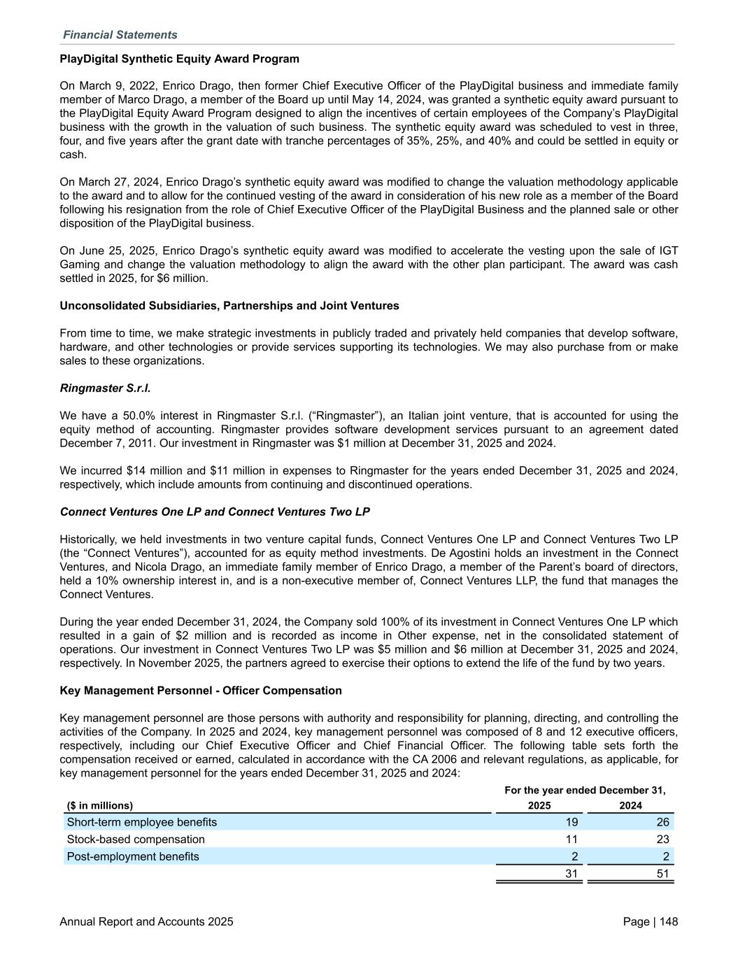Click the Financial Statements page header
(x=120, y=35)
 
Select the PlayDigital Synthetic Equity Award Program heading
(x=179, y=59)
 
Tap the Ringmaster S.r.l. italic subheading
(x=105, y=388)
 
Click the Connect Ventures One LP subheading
(x=215, y=511)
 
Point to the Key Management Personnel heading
(x=201, y=691)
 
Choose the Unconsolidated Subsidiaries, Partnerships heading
(x=229, y=306)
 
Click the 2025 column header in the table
(x=539, y=805)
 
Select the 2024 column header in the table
(x=630, y=805)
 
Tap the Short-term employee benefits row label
(x=141, y=822)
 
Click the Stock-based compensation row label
(x=136, y=839)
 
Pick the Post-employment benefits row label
(x=133, y=856)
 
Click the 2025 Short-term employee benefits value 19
(x=572, y=822)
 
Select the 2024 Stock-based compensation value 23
(x=662, y=839)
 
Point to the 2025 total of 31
(x=572, y=874)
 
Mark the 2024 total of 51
(x=662, y=874)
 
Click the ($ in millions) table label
(x=99, y=805)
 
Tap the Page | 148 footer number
(x=650, y=922)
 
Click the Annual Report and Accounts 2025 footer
(x=147, y=922)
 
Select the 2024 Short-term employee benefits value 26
(x=662, y=822)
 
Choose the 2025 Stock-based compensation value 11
(x=572, y=839)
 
